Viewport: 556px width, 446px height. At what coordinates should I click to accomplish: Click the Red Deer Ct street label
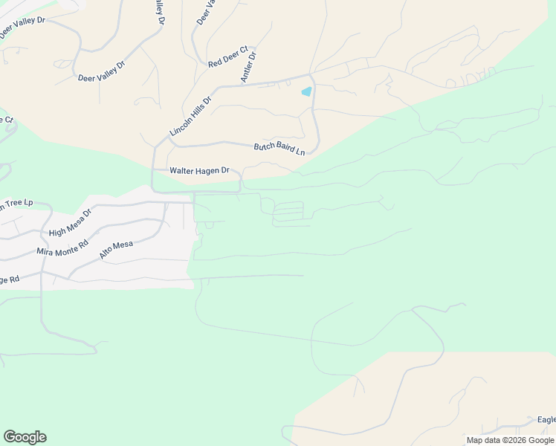coord(228,56)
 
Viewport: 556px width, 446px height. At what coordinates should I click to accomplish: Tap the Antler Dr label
coord(248,67)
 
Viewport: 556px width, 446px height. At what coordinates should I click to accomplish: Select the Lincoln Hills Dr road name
coord(191,115)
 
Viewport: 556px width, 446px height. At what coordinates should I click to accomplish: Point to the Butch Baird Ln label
coord(279,149)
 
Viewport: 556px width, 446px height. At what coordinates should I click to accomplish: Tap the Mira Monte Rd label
coord(62,246)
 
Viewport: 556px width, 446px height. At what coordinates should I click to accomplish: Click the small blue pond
coord(306,92)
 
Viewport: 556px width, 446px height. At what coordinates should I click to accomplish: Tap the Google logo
coord(25,437)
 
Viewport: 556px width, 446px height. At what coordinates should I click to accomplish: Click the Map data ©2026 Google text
coord(510,440)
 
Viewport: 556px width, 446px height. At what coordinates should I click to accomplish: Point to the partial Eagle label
coord(546,420)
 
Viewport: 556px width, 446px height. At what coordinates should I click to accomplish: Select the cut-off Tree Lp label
coord(16,203)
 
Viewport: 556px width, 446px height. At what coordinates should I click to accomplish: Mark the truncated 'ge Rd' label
coord(10,280)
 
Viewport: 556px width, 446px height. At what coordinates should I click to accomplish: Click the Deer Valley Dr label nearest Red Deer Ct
coord(101,71)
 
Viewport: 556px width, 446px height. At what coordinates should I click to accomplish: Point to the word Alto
coord(107,253)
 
